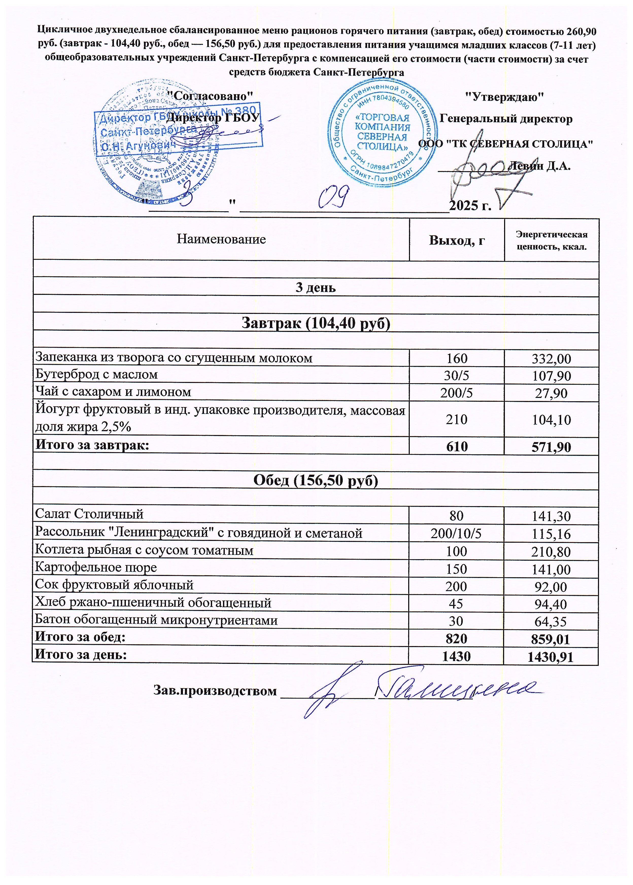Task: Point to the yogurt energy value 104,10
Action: tap(551, 420)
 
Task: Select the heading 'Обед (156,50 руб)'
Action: tap(316, 480)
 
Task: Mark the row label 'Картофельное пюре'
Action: tap(96, 568)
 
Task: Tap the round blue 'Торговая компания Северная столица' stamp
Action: tap(382, 133)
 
